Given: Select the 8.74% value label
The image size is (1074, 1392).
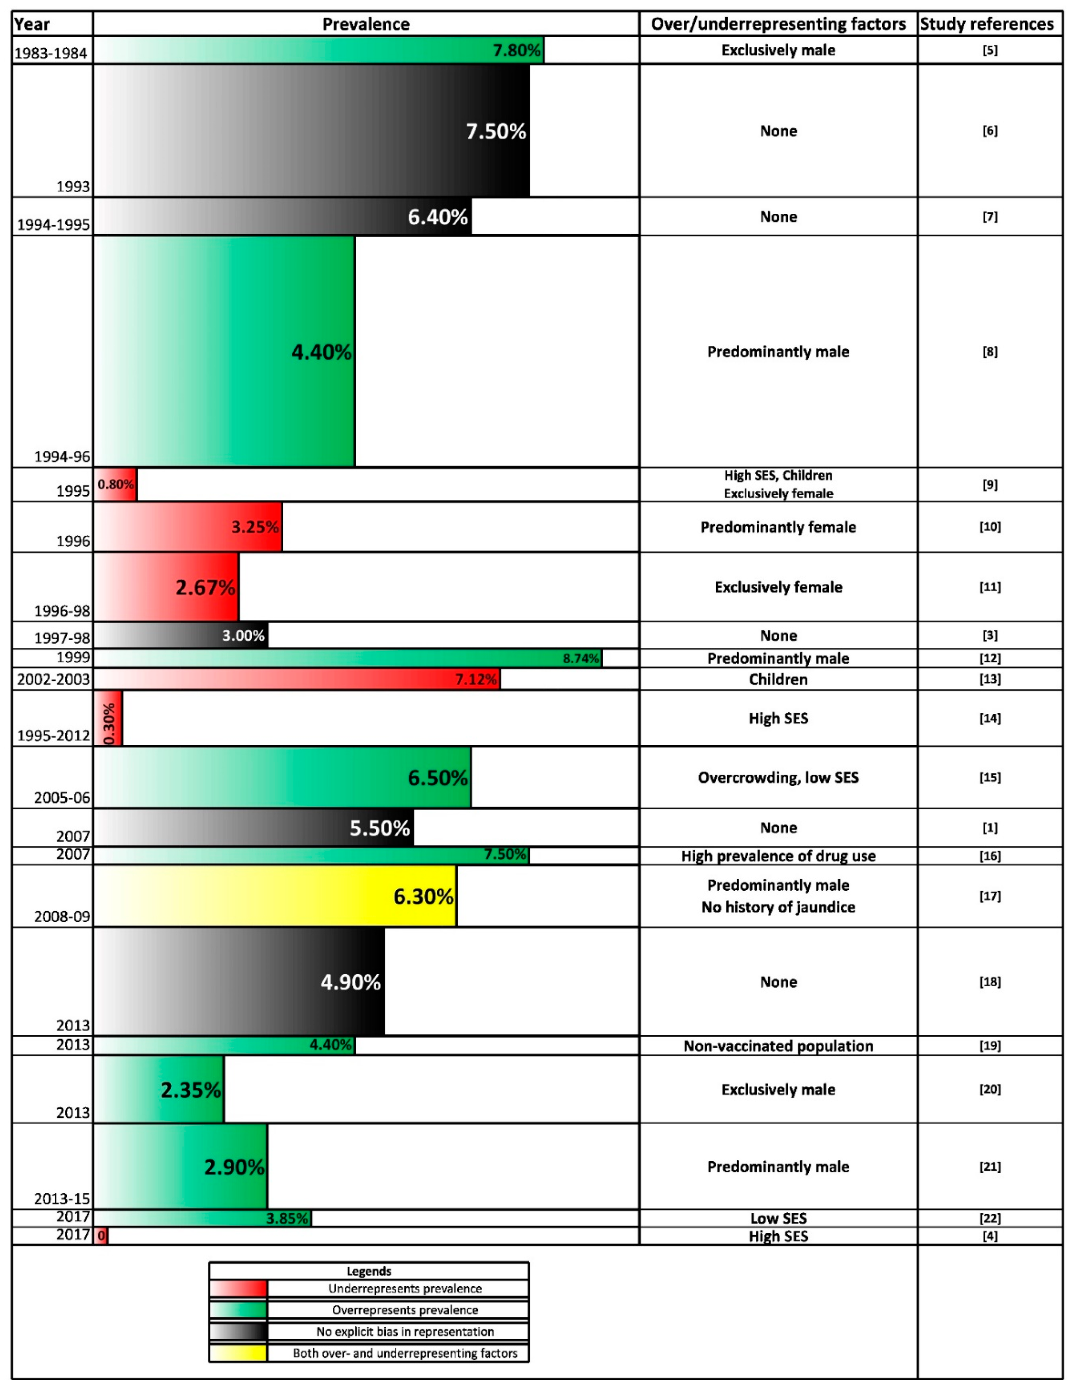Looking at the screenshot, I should click(581, 658).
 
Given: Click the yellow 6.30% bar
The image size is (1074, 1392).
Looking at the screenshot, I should click(275, 896).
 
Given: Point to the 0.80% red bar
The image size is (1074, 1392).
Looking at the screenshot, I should click(116, 485).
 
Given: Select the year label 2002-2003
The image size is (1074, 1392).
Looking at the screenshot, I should click(54, 680).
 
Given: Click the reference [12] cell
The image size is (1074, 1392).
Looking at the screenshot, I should click(990, 658).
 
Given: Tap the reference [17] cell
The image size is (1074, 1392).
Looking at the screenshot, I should click(990, 896).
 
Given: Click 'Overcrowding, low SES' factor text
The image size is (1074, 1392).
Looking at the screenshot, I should click(778, 777).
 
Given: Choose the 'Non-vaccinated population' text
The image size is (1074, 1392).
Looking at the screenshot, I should click(778, 1046).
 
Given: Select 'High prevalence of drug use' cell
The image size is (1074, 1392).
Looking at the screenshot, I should click(778, 856).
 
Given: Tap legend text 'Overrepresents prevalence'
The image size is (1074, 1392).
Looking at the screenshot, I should click(405, 1310).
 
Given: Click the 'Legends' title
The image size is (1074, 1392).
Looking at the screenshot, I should click(369, 1272).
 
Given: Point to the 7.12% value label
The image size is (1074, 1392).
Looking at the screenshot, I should click(476, 680).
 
